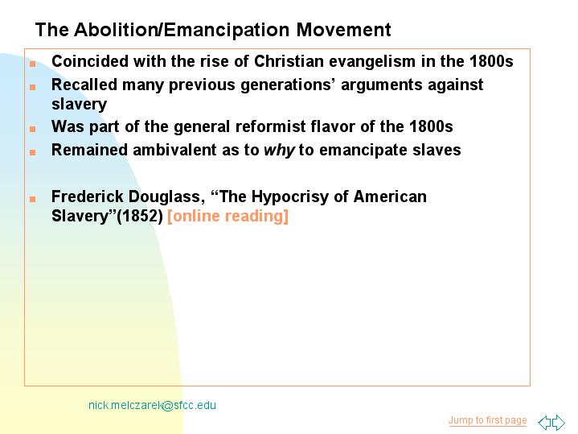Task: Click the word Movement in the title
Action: [x=343, y=30]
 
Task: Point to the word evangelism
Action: [x=372, y=62]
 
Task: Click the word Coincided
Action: [x=90, y=61]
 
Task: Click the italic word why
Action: [x=279, y=151]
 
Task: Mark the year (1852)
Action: [x=140, y=216]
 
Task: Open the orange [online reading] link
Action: [x=228, y=216]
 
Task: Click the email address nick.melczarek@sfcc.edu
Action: [x=152, y=405]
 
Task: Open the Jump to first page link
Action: [x=487, y=420]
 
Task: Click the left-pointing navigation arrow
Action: [x=544, y=422]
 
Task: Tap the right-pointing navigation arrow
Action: [x=558, y=422]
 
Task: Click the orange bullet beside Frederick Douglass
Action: [x=33, y=199]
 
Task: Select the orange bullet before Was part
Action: [x=33, y=129]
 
